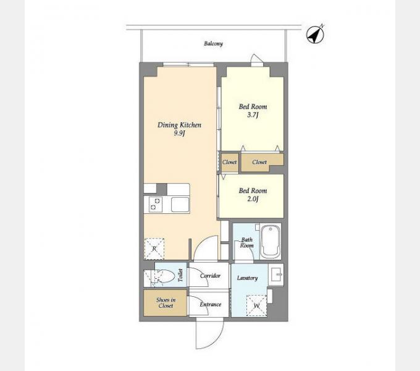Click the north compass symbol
pyautogui.click(x=315, y=34)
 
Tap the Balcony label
pyautogui.click(x=213, y=43)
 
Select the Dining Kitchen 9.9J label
pyautogui.click(x=179, y=129)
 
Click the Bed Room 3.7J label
pyautogui.click(x=253, y=111)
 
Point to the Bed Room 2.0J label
pyautogui.click(x=253, y=195)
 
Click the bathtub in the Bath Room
pyautogui.click(x=271, y=241)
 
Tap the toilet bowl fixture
pyautogui.click(x=164, y=276)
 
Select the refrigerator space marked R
pyautogui.click(x=154, y=249)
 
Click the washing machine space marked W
pyautogui.click(x=256, y=305)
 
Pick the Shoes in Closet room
pyautogui.click(x=165, y=302)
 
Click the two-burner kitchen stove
pyautogui.click(x=153, y=205)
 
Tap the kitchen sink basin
pyautogui.click(x=180, y=205)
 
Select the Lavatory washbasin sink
pyautogui.click(x=275, y=275)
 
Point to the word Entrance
pyautogui.click(x=211, y=304)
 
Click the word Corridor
pyautogui.click(x=211, y=276)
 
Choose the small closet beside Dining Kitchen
pyautogui.click(x=230, y=163)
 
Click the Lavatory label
pyautogui.click(x=247, y=278)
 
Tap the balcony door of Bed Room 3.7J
pyautogui.click(x=257, y=61)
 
